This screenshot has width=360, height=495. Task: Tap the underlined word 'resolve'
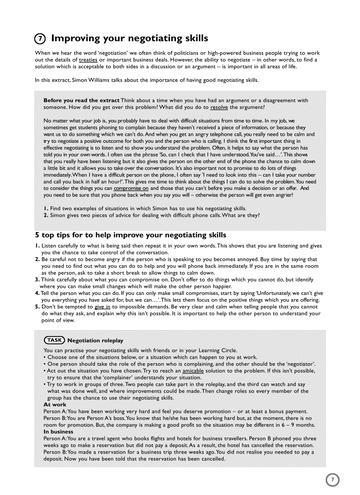click(x=219, y=107)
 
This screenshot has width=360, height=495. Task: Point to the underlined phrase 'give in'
click(x=102, y=307)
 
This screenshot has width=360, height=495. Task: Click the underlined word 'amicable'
click(x=193, y=371)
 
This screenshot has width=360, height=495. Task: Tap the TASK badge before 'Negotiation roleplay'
click(x=54, y=340)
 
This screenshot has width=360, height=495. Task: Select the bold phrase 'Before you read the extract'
click(x=81, y=100)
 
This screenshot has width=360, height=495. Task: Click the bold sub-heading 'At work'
click(x=55, y=404)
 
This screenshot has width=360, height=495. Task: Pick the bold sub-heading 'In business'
click(x=58, y=432)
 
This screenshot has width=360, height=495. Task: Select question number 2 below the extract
click(x=45, y=215)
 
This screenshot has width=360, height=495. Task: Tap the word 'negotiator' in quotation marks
click(x=299, y=364)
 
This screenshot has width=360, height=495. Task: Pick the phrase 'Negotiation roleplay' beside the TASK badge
click(x=95, y=340)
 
